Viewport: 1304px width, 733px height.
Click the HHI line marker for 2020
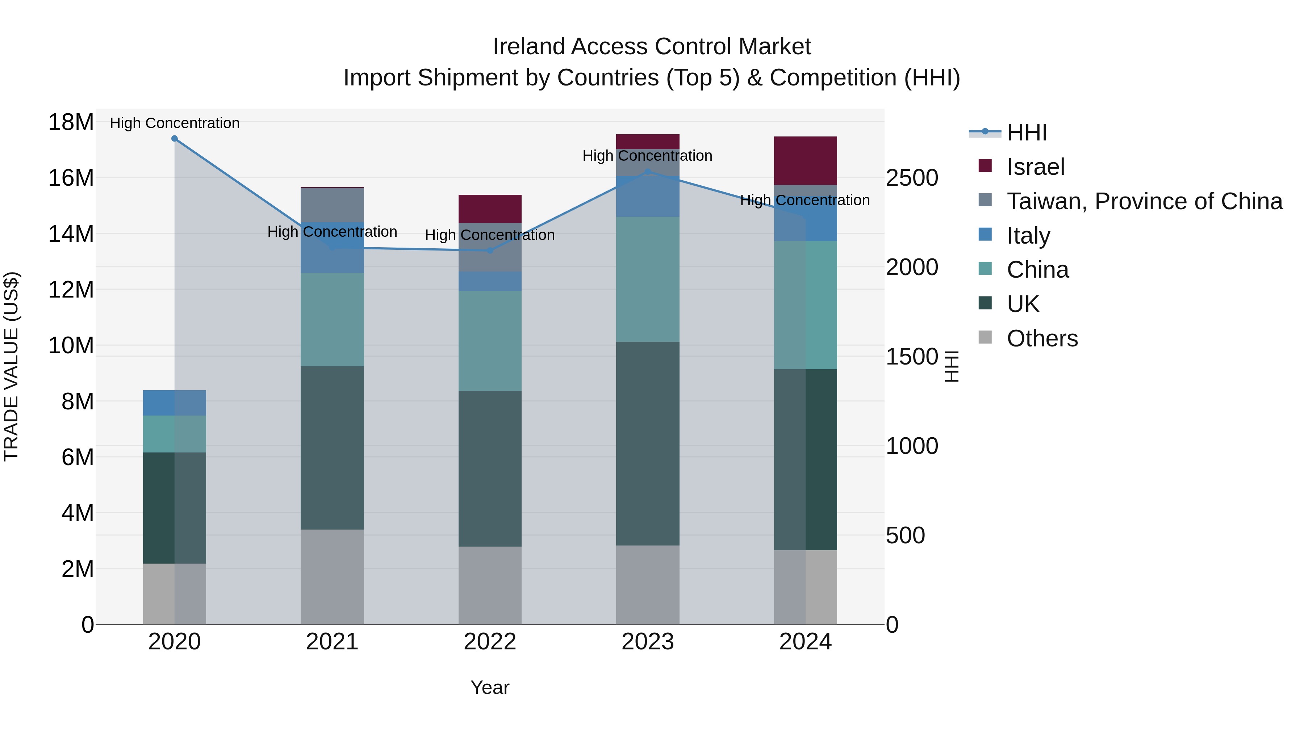[x=174, y=138]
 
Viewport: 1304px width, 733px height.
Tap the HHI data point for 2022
[x=489, y=250]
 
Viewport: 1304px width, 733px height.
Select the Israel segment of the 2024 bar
[x=805, y=160]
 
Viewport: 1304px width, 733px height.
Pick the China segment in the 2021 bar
[x=332, y=319]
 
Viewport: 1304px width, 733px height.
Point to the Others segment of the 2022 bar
[x=489, y=585]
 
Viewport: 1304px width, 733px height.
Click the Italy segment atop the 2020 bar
[x=174, y=403]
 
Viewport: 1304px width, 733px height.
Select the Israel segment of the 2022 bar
[x=489, y=208]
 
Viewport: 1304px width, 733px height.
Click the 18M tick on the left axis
[x=71, y=122]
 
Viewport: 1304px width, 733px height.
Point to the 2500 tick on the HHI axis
[x=912, y=178]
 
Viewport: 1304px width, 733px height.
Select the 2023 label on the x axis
[x=647, y=642]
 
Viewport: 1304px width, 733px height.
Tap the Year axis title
[x=489, y=687]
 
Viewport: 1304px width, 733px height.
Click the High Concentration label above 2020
[x=174, y=123]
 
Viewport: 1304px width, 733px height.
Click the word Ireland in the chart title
[x=529, y=47]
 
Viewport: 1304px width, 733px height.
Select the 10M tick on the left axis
[x=71, y=346]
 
